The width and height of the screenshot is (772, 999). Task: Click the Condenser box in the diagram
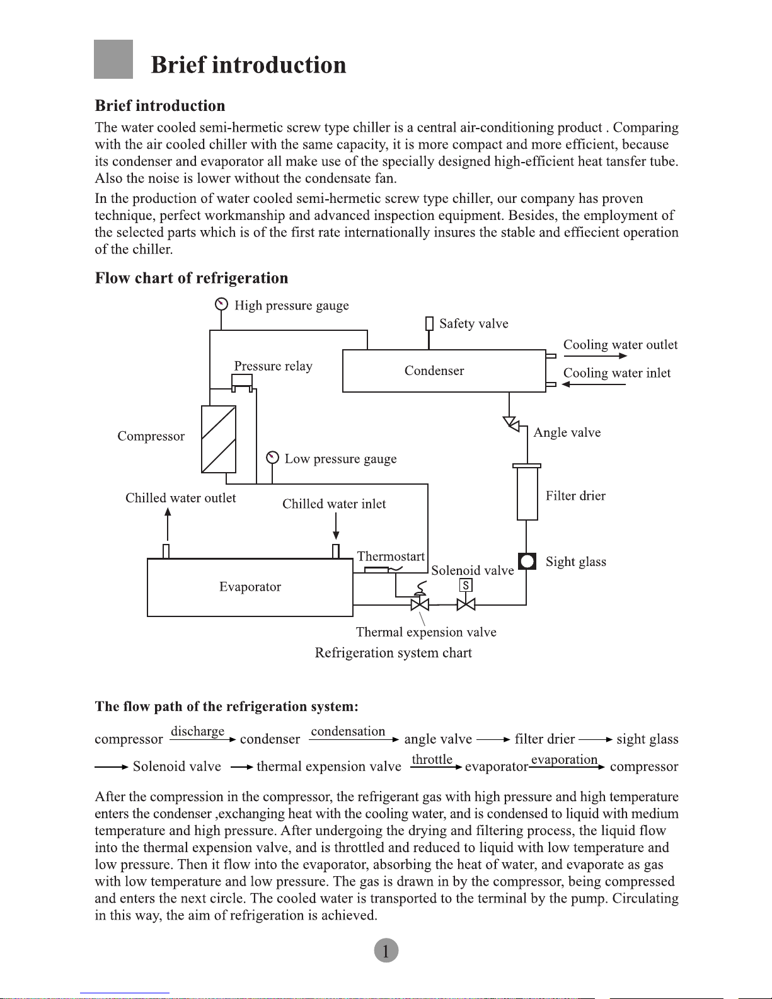pyautogui.click(x=444, y=371)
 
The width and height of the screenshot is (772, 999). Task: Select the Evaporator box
pyautogui.click(x=250, y=587)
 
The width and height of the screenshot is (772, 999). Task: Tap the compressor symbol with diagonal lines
pyautogui.click(x=219, y=439)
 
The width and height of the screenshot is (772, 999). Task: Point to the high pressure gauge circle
pyautogui.click(x=221, y=304)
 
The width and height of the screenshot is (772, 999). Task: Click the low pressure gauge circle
pyautogui.click(x=272, y=458)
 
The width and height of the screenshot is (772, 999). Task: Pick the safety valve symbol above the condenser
pyautogui.click(x=429, y=323)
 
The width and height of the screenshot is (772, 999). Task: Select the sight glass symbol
pyautogui.click(x=527, y=561)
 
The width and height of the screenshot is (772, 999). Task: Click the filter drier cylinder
pyautogui.click(x=527, y=492)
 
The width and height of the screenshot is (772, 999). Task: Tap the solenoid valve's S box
pyautogui.click(x=466, y=586)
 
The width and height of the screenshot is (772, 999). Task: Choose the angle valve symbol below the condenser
pyautogui.click(x=512, y=424)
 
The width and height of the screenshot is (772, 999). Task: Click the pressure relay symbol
pyautogui.click(x=242, y=381)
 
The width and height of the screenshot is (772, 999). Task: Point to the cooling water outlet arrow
pyautogui.click(x=595, y=356)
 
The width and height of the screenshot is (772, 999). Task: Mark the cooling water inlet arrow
pyautogui.click(x=594, y=384)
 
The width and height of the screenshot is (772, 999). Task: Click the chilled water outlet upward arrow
pyautogui.click(x=168, y=523)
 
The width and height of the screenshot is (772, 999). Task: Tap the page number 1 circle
pyautogui.click(x=386, y=950)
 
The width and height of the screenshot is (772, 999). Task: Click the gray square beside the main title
pyautogui.click(x=113, y=59)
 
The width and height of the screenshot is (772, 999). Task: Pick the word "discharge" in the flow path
pyautogui.click(x=197, y=731)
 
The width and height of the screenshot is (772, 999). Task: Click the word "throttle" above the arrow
pyautogui.click(x=432, y=759)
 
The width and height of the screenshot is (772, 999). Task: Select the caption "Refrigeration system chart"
pyautogui.click(x=393, y=653)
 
